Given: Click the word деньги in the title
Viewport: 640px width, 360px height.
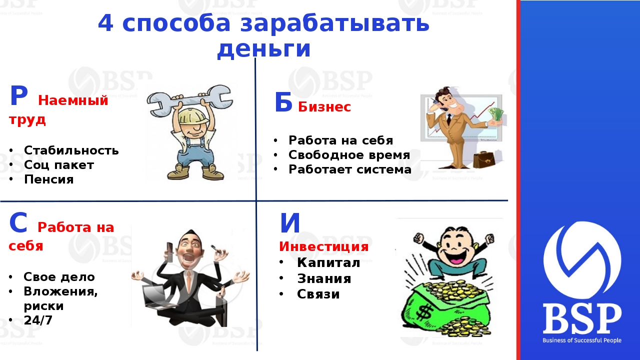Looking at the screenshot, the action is click(x=263, y=49).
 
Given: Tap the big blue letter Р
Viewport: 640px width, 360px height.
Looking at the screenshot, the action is click(x=19, y=95).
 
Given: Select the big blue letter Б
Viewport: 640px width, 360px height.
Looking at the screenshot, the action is click(x=283, y=102).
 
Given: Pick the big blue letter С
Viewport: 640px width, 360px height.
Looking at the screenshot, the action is click(x=18, y=222).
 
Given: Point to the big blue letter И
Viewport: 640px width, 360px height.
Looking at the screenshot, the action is click(x=290, y=223).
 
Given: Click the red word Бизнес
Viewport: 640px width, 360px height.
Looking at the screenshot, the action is click(x=324, y=107).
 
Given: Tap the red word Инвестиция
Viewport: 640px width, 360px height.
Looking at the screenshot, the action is click(x=323, y=246).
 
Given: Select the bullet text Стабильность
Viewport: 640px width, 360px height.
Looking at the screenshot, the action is click(x=71, y=150).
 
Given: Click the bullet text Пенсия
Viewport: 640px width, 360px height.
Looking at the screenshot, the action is click(x=49, y=179).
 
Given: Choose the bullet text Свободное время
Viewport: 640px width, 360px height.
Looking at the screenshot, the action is click(x=349, y=155).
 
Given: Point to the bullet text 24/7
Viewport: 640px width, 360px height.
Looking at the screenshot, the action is click(x=38, y=320).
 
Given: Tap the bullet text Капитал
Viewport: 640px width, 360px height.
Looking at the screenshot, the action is click(x=328, y=262).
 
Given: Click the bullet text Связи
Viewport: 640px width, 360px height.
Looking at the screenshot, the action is click(x=318, y=294).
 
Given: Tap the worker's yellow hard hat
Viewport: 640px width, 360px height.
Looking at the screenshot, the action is click(x=193, y=117).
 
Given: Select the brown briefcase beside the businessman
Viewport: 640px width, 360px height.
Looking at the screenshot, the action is click(x=483, y=159).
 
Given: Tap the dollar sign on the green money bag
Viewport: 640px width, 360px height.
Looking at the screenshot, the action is click(x=423, y=312).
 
